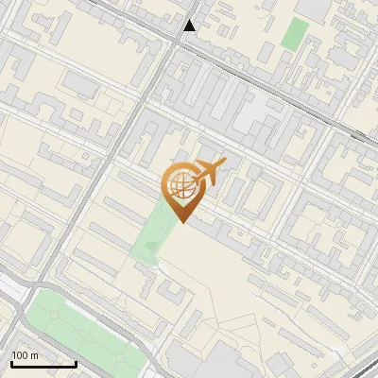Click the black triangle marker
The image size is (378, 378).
coord(190,26)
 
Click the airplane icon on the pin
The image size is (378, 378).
coord(208,173)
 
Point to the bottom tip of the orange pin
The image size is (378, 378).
coord(181,221)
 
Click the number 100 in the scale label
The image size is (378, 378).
coord(20,355)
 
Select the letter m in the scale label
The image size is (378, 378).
coord(35,355)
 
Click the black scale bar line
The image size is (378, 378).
coord(43,364)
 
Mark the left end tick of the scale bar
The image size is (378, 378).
coord(11,362)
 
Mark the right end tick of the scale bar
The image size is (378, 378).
coord(76,362)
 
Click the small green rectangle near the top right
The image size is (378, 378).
coord(295,34)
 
